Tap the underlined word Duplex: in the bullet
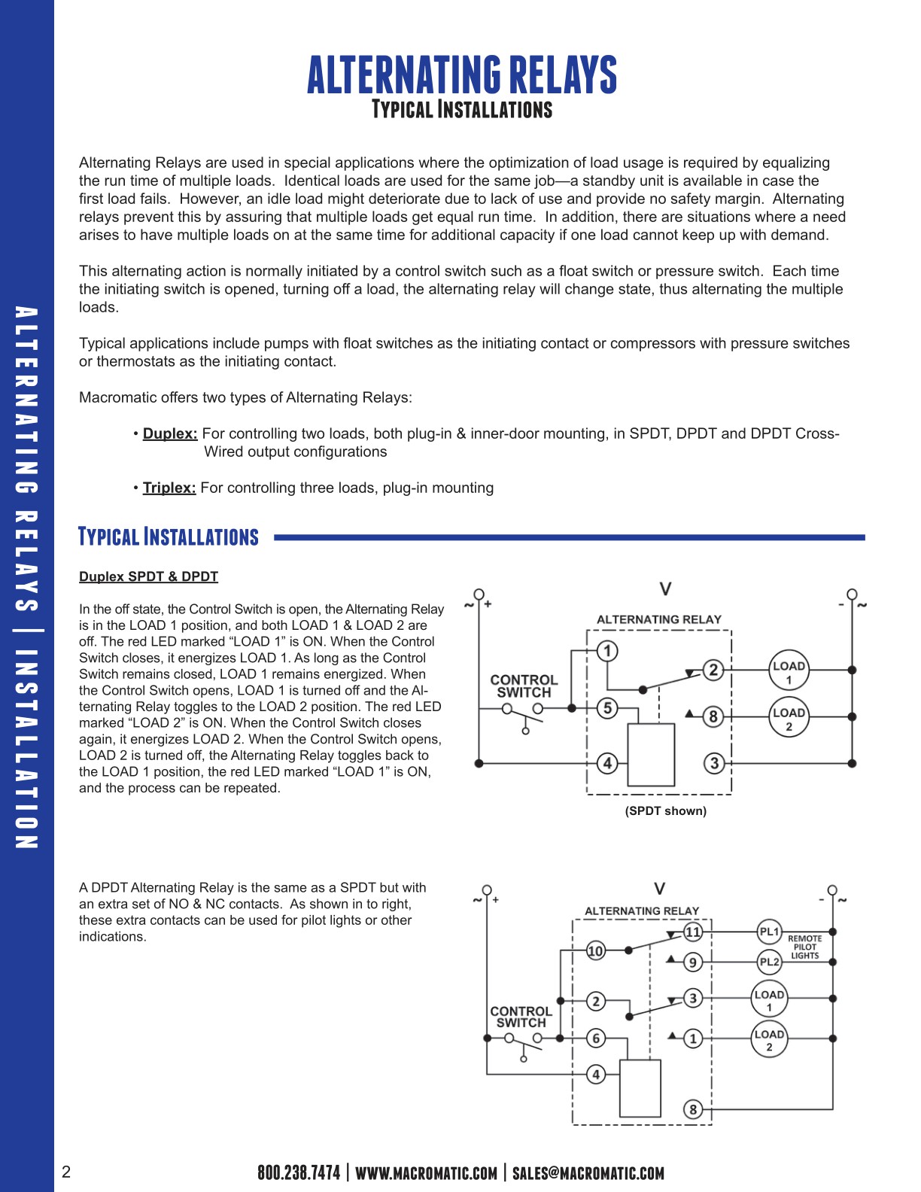170,433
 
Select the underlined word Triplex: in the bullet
169,488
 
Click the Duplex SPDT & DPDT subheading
148,576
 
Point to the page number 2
66,1172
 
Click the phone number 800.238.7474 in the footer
299,1172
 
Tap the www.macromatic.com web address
426,1172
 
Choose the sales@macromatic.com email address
588,1172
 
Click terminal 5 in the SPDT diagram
607,708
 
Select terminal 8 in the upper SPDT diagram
713,716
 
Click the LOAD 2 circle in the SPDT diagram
789,718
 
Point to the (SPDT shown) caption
665,810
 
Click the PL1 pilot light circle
769,932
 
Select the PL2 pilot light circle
769,962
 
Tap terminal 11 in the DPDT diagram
692,932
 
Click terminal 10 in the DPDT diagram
595,950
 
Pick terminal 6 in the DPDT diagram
596,1038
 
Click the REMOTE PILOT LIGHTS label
804,947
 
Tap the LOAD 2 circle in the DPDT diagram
769,1039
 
